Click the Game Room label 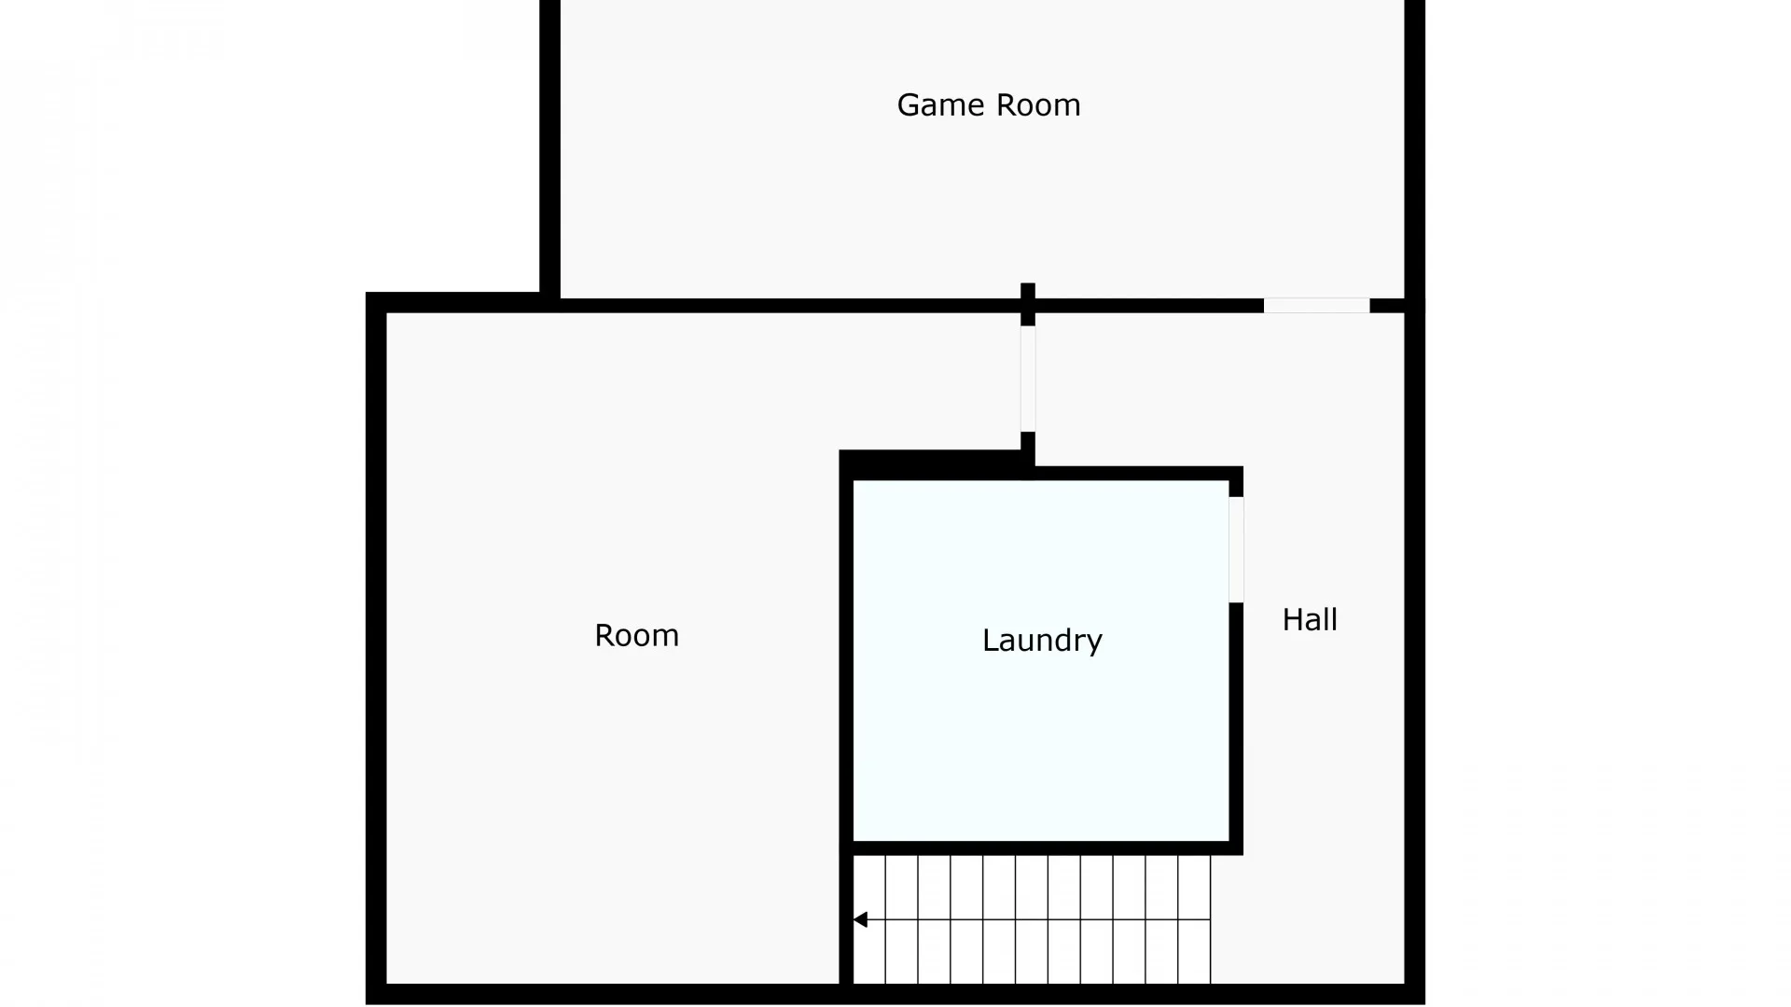coord(989,104)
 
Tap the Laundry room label coord(1042,640)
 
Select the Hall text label coord(1310,619)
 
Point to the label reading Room coord(637,635)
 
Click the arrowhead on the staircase coord(860,920)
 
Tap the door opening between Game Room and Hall coord(1316,306)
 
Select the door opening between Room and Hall coord(1028,379)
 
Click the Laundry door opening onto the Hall coord(1236,550)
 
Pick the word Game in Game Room coord(940,104)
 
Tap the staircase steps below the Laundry coord(1032,919)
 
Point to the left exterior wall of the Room coord(376,648)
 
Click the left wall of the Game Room coord(549,149)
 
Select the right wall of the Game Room coord(1415,149)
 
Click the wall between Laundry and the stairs coord(1041,848)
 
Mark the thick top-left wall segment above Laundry coord(933,465)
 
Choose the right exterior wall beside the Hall coord(1415,653)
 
